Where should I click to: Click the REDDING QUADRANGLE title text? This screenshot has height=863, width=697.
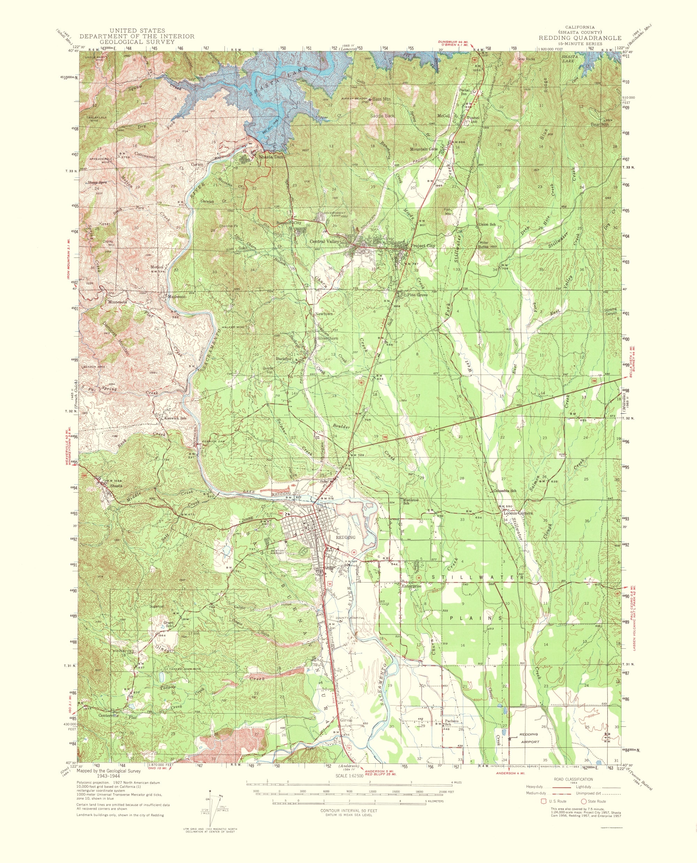(x=580, y=38)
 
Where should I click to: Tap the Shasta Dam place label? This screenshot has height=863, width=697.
(x=271, y=157)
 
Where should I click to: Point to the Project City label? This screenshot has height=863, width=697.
(x=422, y=246)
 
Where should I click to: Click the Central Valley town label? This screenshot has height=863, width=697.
(x=324, y=242)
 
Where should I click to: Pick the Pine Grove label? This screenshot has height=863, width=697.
(x=417, y=295)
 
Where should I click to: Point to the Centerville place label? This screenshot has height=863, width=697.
(x=109, y=715)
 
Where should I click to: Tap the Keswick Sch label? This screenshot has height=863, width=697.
(x=176, y=418)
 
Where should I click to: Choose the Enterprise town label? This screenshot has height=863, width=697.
(x=412, y=586)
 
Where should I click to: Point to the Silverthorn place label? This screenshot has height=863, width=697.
(x=327, y=338)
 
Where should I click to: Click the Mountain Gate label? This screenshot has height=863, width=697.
(x=423, y=149)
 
